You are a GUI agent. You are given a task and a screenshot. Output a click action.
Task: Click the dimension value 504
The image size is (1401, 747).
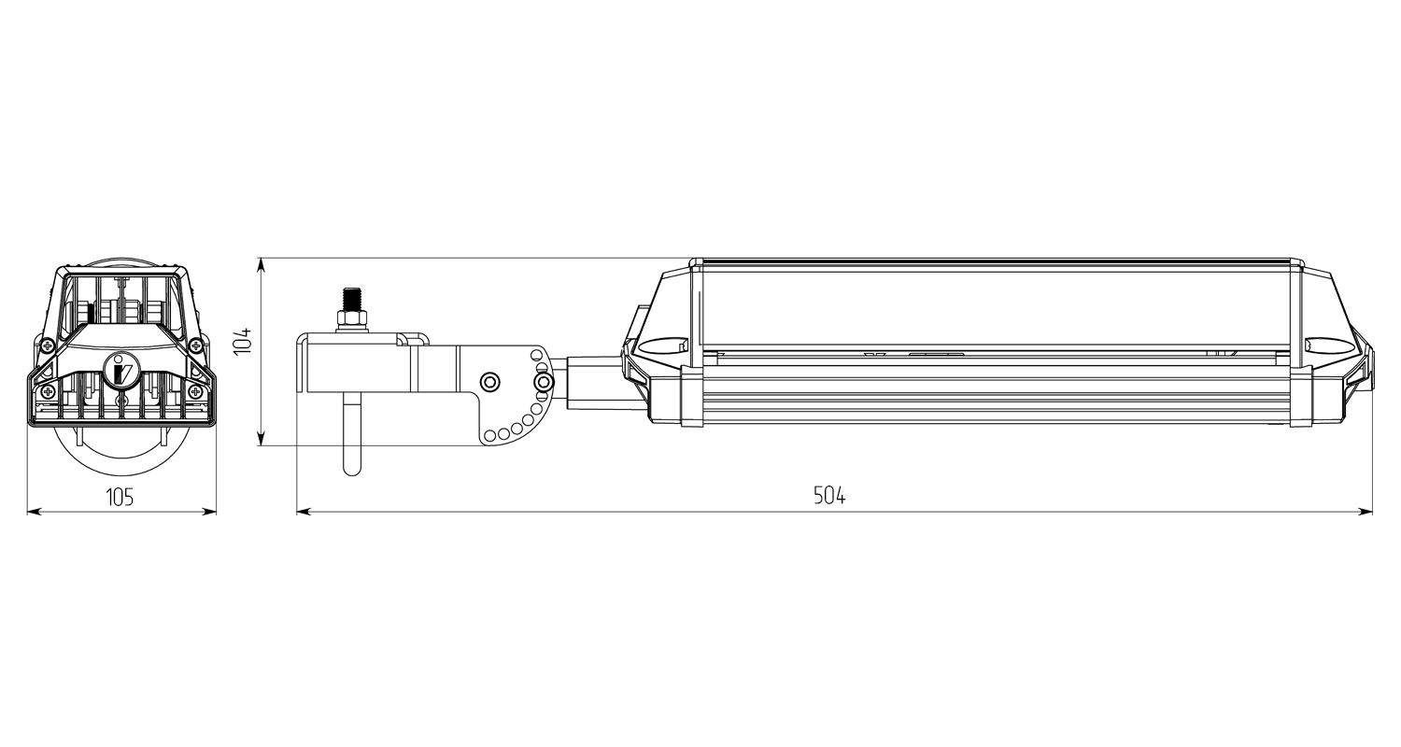829,496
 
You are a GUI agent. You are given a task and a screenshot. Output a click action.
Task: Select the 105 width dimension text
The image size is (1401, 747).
120,498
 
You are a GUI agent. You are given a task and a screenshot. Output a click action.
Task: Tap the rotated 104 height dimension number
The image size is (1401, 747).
242,340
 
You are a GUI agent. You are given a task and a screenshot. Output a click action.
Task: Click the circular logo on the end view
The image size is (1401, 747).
121,368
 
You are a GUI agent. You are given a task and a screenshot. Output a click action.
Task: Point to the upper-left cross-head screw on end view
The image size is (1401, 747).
47,345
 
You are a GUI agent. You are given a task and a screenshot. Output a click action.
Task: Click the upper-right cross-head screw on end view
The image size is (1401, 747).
195,345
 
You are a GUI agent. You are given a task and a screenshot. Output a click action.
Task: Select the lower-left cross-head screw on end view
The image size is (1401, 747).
49,392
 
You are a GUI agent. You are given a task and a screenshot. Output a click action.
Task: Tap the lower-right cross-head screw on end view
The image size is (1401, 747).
195,392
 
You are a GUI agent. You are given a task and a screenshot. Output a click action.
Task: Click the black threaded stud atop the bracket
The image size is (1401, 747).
351,300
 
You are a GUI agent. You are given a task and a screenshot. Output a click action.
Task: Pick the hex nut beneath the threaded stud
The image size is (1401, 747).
351,321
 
